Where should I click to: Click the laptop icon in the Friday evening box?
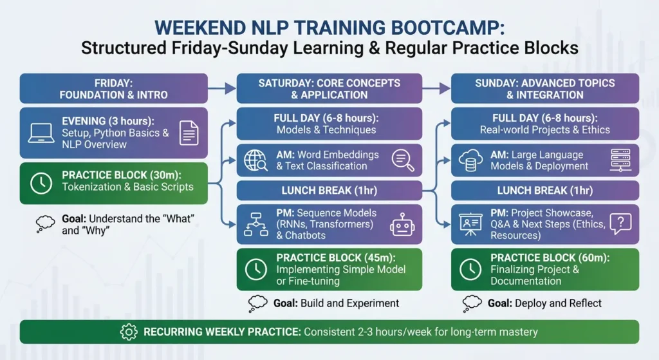[41, 133]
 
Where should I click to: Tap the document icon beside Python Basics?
[189, 133]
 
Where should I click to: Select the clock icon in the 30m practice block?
[41, 182]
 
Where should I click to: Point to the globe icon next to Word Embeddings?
[255, 160]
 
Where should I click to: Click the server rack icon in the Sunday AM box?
[618, 160]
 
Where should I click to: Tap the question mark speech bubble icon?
[620, 223]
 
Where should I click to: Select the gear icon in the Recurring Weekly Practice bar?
[129, 332]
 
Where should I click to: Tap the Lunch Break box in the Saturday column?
[329, 191]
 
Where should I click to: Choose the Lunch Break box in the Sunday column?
[544, 191]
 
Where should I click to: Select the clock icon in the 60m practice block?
[470, 269]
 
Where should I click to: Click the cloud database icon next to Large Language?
[470, 160]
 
